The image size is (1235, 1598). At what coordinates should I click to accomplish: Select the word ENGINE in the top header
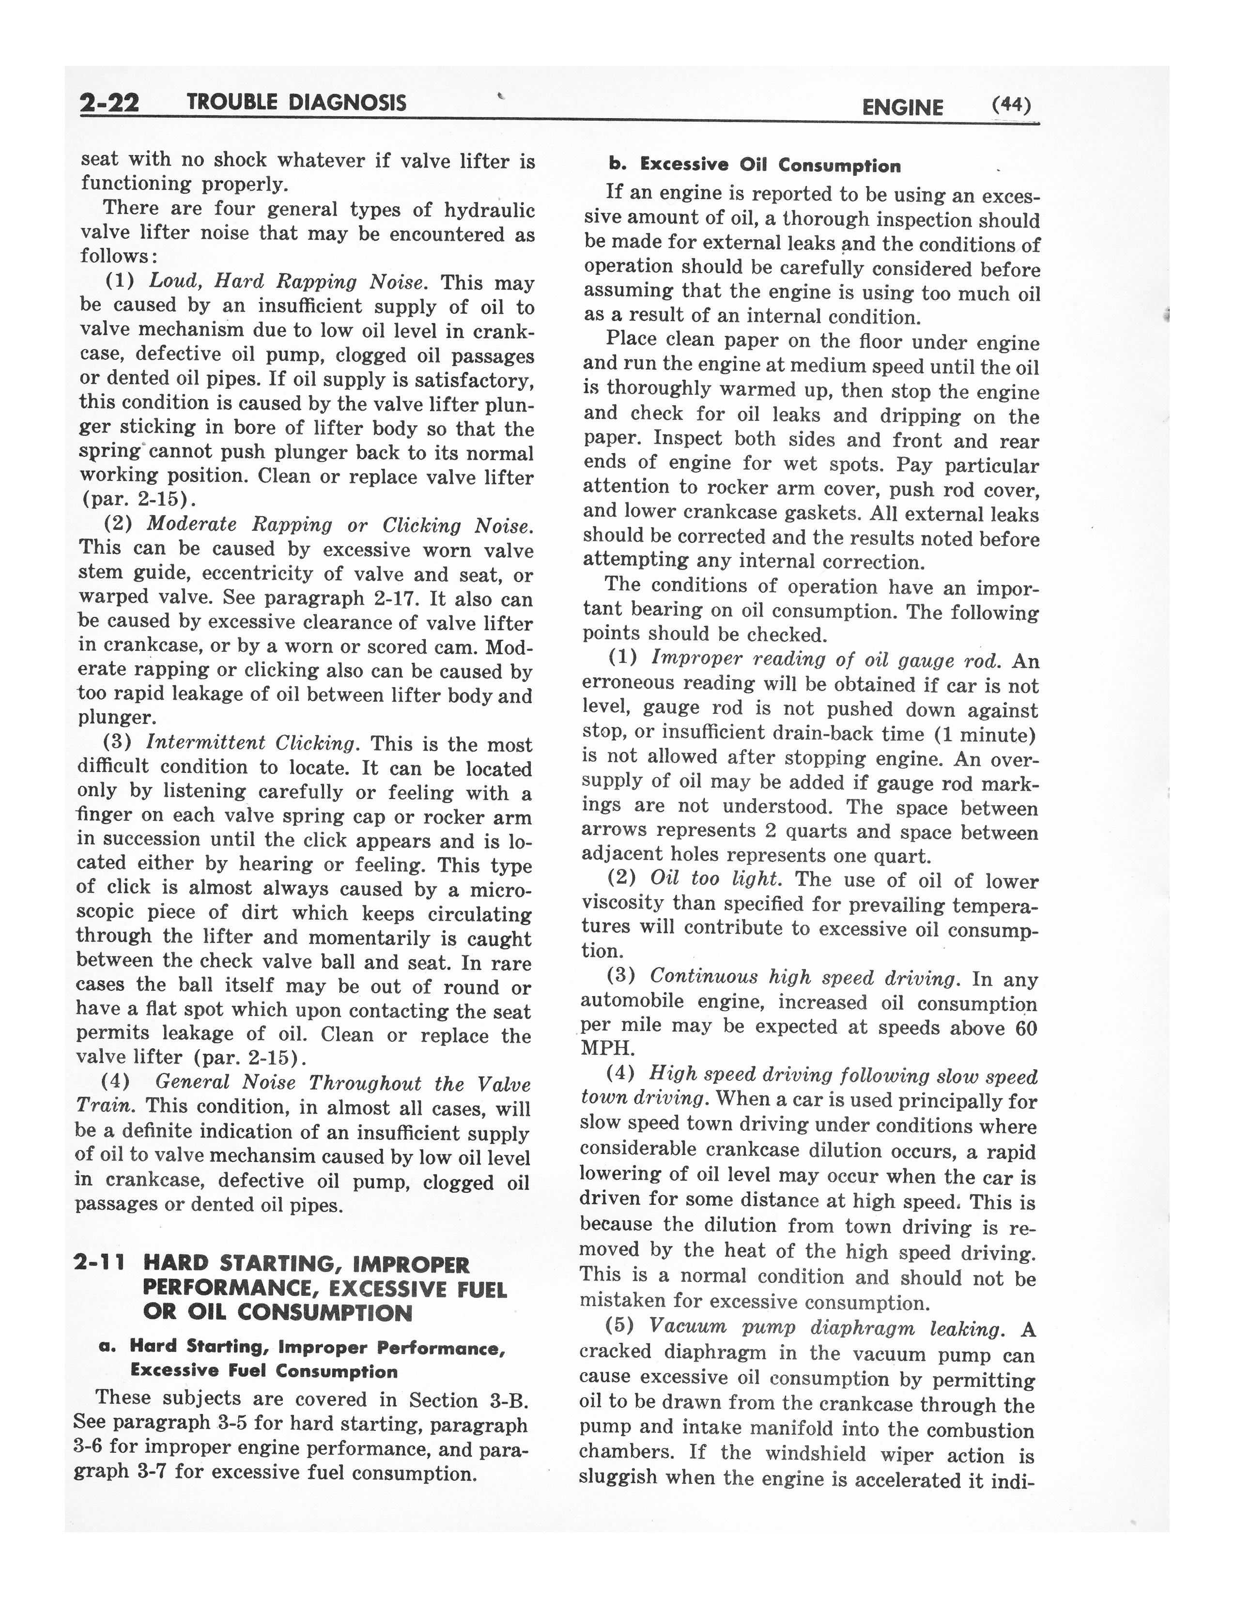point(902,108)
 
